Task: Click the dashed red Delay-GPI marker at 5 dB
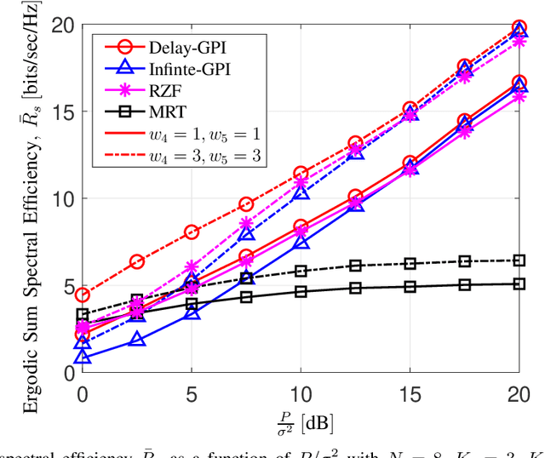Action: pyautogui.click(x=192, y=232)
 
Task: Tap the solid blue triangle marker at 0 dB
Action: pyautogui.click(x=83, y=358)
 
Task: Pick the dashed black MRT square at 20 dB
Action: pyautogui.click(x=519, y=260)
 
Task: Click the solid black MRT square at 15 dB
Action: pyautogui.click(x=410, y=287)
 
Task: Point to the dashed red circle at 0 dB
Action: pyautogui.click(x=83, y=295)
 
